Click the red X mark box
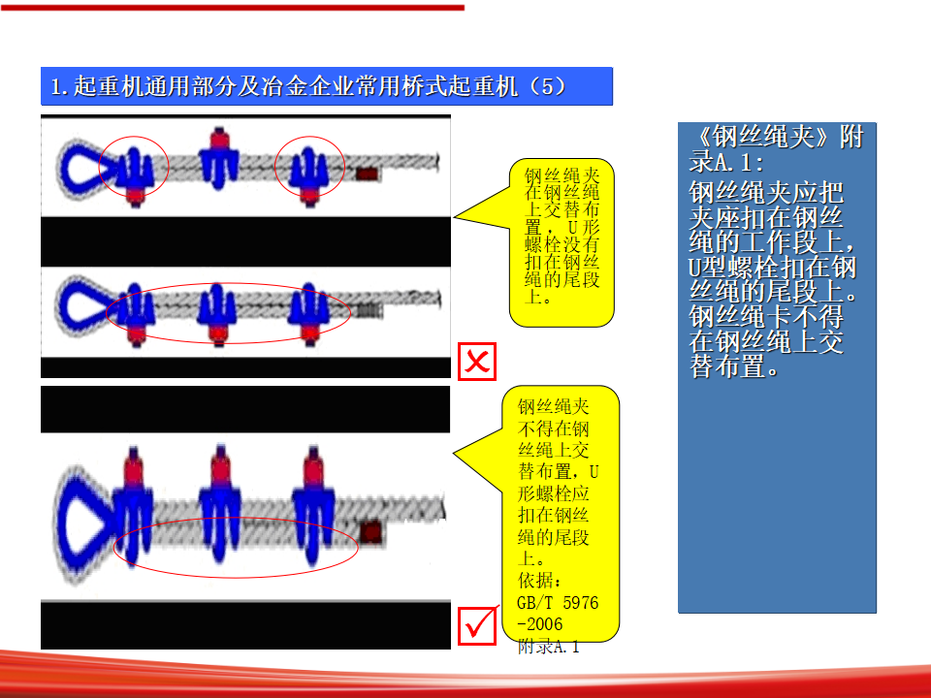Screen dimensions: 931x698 477,362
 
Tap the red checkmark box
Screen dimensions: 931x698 477,625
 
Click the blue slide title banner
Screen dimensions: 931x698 327,86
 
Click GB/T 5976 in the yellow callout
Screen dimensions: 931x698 558,603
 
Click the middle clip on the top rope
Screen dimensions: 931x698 219,158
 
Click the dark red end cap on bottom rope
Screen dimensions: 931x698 371,532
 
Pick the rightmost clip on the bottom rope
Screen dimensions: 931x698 313,504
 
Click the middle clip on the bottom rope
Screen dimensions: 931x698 220,504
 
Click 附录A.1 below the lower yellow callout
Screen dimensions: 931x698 549,647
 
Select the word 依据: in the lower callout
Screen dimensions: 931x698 539,581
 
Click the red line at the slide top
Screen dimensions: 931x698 232,8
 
